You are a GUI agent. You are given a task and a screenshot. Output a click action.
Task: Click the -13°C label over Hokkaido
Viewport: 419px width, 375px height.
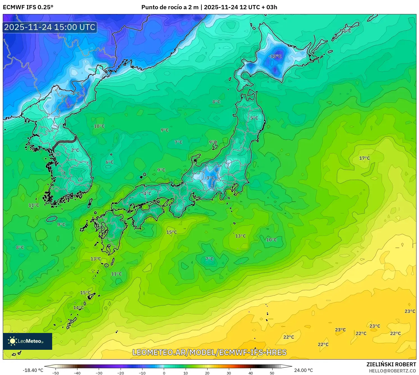(x=275, y=56)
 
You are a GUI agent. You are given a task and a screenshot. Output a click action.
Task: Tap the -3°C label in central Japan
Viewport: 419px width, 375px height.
(x=209, y=178)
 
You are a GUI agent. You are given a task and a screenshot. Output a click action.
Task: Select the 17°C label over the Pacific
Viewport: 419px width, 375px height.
(x=364, y=158)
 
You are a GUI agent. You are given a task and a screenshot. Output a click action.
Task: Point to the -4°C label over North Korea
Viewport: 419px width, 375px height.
(x=75, y=93)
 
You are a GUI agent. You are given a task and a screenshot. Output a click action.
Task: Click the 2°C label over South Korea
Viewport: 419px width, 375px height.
(x=75, y=150)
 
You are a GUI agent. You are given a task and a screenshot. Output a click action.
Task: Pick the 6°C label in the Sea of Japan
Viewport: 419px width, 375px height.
(x=109, y=162)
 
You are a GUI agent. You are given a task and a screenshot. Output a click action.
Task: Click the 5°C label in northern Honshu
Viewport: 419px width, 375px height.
(x=254, y=118)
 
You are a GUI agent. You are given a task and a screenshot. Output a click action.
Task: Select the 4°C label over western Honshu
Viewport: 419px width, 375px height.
(x=147, y=193)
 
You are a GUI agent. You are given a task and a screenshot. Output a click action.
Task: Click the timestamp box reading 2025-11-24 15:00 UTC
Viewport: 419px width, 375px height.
(x=50, y=27)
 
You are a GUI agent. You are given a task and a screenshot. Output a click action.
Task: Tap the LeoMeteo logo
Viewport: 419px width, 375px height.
(x=27, y=341)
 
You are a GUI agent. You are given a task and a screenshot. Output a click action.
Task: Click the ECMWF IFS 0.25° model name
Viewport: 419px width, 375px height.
(x=28, y=7)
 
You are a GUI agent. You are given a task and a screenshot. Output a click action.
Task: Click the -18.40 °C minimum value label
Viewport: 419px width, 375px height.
(x=33, y=370)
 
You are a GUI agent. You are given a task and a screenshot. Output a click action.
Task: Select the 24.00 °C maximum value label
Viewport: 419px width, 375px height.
(x=303, y=370)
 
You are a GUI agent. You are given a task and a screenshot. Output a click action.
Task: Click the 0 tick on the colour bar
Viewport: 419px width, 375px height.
(x=164, y=373)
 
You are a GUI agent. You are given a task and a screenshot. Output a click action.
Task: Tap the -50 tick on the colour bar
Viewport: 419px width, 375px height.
(x=56, y=373)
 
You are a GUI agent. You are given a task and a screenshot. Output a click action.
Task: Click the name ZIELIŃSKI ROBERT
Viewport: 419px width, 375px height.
(x=391, y=364)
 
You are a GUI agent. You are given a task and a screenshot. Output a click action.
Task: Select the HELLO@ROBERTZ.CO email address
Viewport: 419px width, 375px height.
(x=392, y=371)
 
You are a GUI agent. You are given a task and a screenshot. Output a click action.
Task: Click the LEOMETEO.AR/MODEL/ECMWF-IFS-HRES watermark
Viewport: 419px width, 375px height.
(x=209, y=352)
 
